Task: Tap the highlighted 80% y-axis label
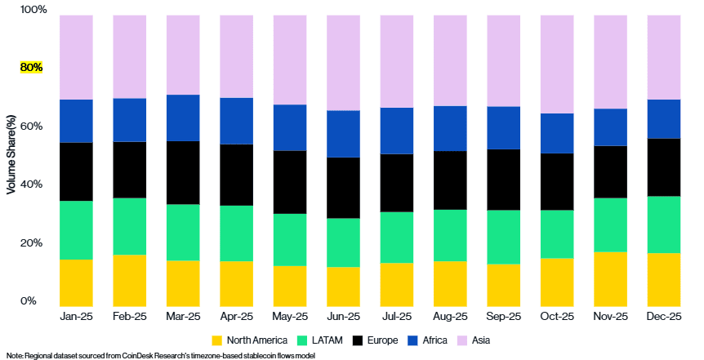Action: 31,68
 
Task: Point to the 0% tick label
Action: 29,301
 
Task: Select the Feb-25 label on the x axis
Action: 130,316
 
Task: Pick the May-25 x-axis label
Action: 290,316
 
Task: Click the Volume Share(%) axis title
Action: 11,155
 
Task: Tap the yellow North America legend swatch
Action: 217,340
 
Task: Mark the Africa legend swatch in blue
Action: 415,340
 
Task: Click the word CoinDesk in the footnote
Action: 140,355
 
